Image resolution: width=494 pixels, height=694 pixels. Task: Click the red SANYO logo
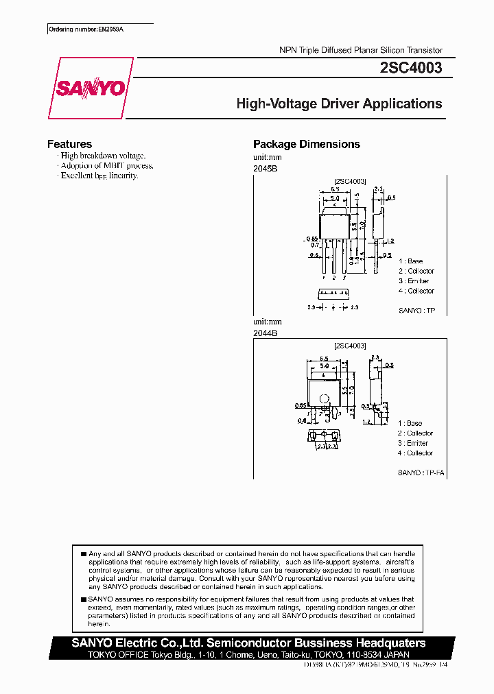90,88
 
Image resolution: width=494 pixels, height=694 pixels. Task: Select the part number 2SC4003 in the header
410,69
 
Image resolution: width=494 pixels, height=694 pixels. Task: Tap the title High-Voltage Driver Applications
339,104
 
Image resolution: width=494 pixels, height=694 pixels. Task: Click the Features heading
69,144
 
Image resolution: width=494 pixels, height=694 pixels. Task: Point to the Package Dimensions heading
307,144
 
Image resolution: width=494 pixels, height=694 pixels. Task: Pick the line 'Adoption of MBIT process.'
106,165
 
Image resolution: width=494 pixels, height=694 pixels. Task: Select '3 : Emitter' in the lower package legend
415,443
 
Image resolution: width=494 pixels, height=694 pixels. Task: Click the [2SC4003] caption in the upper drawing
350,181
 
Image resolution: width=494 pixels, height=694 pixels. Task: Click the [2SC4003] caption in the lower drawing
350,346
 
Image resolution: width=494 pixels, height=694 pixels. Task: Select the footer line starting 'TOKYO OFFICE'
250,654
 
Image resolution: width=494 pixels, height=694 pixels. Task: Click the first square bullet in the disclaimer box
83,553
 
